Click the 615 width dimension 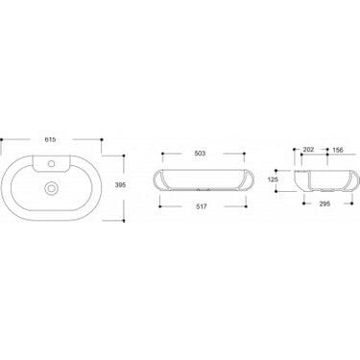51,139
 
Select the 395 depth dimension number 120,184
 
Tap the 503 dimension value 200,154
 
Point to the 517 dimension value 202,206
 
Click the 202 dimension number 308,150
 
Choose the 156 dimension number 338,150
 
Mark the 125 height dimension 273,180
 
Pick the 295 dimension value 324,204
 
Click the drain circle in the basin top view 50,188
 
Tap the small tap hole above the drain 50,164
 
